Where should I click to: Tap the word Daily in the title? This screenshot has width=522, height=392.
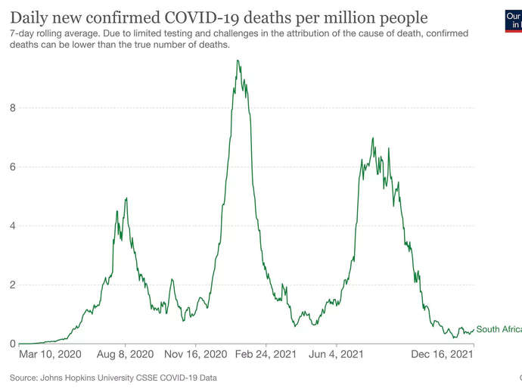(x=30, y=17)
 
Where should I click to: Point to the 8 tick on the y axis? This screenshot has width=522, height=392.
(x=12, y=107)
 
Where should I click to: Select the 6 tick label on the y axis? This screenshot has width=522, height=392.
(x=12, y=166)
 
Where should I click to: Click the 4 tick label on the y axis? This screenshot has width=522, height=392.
(x=12, y=226)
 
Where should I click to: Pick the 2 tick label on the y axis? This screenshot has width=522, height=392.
(x=12, y=285)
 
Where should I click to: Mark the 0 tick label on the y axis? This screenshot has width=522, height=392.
(x=12, y=344)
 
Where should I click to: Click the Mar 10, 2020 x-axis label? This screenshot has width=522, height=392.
(x=50, y=354)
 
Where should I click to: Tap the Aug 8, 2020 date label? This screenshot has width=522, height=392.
(x=125, y=354)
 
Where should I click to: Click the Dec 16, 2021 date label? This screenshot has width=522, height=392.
(x=443, y=354)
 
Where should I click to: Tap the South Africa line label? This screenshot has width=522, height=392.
(x=499, y=329)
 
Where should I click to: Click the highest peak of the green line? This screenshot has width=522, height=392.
(x=238, y=61)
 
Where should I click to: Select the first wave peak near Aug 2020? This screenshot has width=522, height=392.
(x=126, y=198)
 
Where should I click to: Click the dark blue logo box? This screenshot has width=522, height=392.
(x=513, y=20)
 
